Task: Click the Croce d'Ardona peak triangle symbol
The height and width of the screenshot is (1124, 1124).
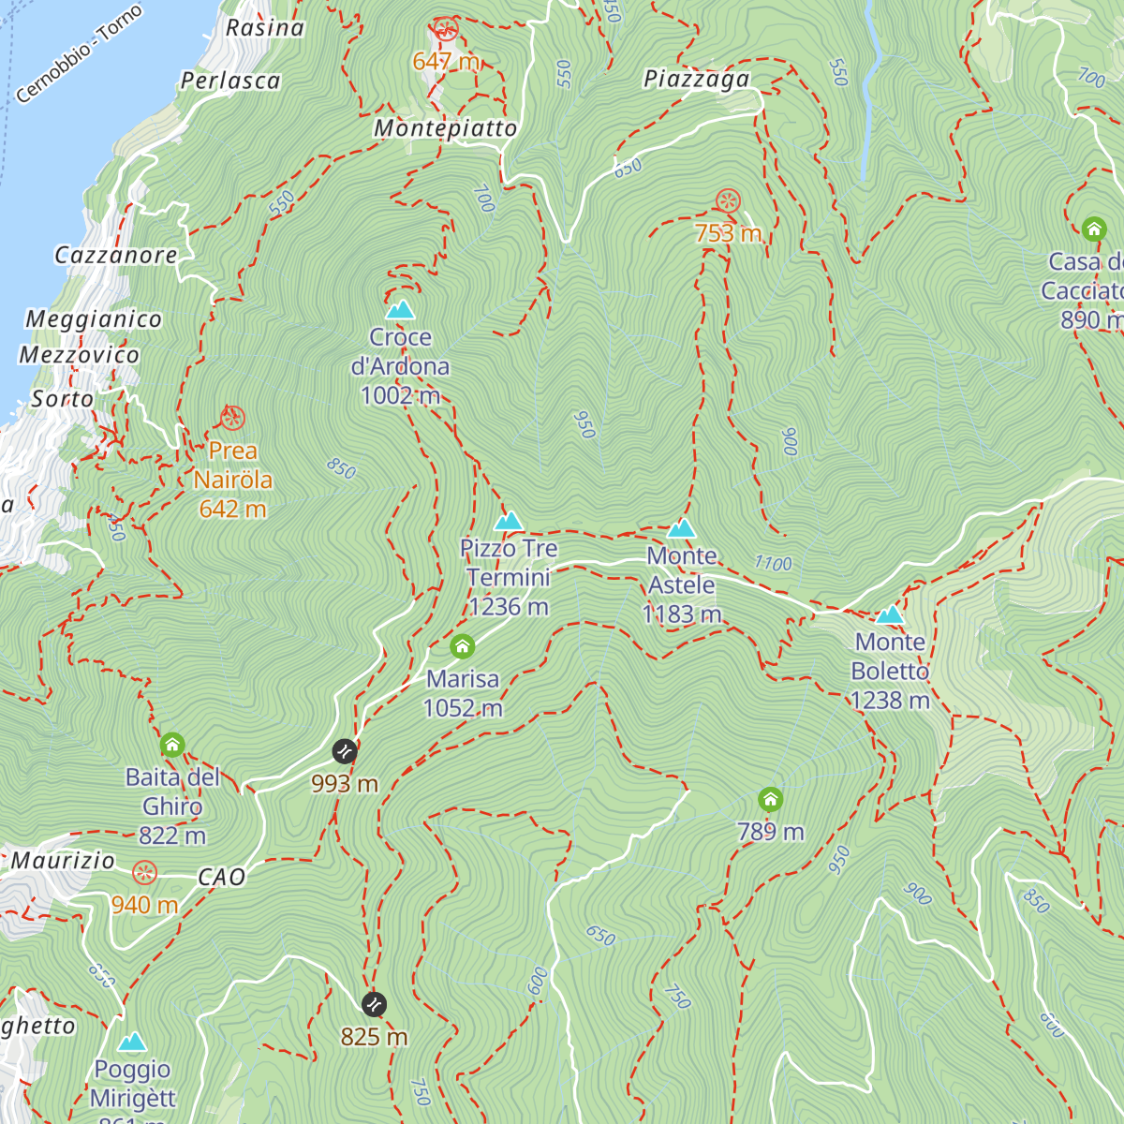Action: pos(400,310)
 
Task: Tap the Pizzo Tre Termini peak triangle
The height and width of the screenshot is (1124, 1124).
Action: pos(509,522)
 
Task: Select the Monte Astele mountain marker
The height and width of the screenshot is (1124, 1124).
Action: pos(682,529)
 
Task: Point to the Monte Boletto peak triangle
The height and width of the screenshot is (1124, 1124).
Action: pos(890,615)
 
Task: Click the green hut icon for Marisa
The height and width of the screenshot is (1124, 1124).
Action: pos(462,646)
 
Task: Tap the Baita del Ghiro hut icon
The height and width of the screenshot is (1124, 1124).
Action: pos(172,746)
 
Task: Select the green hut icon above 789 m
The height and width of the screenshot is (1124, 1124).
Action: pos(770,800)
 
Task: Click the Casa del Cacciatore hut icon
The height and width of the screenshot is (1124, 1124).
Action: pos(1094,229)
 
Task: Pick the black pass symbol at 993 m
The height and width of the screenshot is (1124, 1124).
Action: pos(345,751)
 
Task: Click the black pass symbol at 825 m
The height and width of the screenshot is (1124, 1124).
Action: pos(374,1005)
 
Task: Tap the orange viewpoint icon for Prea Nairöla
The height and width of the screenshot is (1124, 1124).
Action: pos(232,418)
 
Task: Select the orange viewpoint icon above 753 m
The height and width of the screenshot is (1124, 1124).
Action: pos(728,200)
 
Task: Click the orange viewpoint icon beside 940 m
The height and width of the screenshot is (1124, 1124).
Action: pos(144,873)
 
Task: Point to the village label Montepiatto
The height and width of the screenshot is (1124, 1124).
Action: pos(446,128)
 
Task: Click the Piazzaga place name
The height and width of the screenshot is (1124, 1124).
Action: pos(697,80)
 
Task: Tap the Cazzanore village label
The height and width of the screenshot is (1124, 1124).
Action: pos(116,255)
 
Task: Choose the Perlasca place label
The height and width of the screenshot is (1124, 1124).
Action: pos(230,81)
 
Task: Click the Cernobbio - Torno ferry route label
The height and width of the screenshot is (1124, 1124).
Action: pos(80,54)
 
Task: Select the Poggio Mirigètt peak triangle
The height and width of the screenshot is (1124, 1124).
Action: pos(132,1043)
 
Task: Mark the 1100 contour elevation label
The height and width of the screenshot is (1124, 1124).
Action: pos(773,563)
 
